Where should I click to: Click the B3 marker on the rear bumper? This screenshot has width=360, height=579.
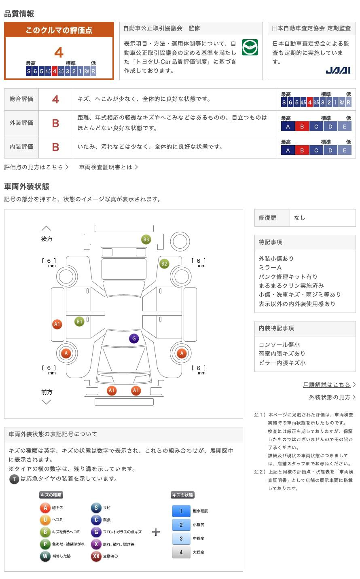[146, 239]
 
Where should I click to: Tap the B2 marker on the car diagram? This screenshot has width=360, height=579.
[164, 264]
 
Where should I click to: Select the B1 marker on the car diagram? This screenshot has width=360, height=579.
[79, 321]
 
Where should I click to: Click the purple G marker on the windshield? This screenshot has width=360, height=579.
[134, 338]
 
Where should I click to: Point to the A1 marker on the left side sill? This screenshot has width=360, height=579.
[57, 324]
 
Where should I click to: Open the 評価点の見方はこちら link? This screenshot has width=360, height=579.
[34, 167]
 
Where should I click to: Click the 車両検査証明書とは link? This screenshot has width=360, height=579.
[106, 167]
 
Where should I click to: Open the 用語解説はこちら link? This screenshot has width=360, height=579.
[327, 385]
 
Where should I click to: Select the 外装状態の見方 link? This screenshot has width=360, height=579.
[330, 397]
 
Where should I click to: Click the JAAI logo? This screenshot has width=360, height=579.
[338, 71]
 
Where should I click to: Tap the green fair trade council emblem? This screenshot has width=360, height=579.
[250, 47]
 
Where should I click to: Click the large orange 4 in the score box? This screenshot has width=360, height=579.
[59, 53]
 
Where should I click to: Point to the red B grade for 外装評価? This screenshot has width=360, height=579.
[55, 123]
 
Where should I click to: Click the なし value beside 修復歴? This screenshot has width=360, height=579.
[299, 218]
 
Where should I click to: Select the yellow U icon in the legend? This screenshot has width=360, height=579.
[45, 520]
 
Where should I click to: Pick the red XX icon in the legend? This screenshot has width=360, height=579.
[96, 556]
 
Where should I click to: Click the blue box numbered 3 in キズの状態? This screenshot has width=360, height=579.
[181, 539]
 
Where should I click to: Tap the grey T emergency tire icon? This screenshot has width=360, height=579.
[14, 479]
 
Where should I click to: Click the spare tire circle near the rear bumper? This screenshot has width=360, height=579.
[180, 242]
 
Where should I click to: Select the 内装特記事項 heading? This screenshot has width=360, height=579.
[276, 328]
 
